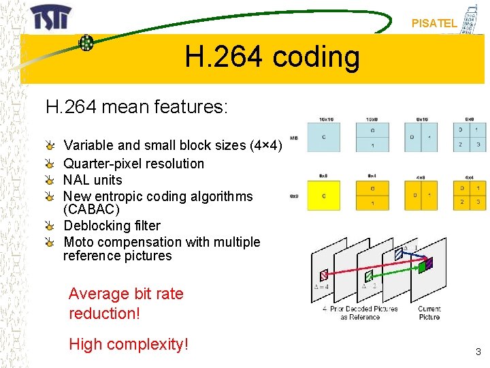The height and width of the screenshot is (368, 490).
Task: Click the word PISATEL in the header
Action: (434, 23)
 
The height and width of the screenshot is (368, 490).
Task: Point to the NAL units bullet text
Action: (93, 180)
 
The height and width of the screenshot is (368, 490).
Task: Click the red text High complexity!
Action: (128, 344)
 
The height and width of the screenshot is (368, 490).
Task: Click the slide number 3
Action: (478, 352)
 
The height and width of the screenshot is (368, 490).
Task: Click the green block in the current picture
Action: (423, 267)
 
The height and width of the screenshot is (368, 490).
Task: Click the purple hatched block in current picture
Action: (429, 261)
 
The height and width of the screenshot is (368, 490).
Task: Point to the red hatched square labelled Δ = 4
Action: (324, 275)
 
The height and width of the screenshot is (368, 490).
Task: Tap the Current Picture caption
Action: (429, 312)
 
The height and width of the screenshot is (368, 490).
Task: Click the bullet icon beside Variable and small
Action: (51, 146)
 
